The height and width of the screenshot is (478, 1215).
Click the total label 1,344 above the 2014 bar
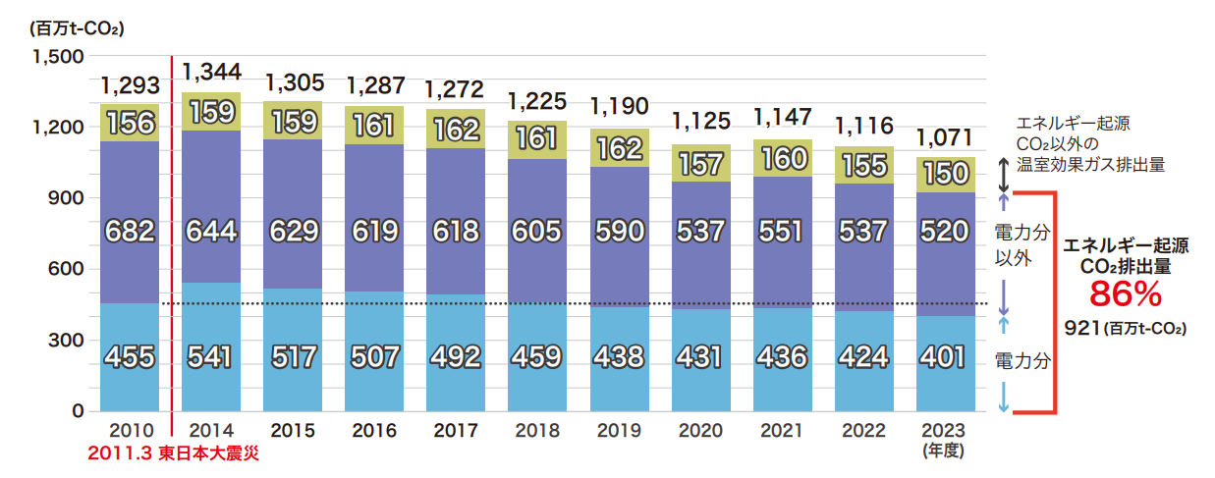click(x=211, y=72)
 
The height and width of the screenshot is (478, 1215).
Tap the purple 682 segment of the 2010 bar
click(x=130, y=232)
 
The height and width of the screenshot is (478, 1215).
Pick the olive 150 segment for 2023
click(x=946, y=174)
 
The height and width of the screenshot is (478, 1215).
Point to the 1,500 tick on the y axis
click(x=58, y=56)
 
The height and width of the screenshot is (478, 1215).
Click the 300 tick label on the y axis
click(x=65, y=340)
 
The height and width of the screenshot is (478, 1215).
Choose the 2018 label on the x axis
click(x=537, y=431)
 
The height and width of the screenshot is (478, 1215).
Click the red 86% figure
click(x=1126, y=294)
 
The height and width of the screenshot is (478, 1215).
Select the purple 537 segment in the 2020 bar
click(x=701, y=232)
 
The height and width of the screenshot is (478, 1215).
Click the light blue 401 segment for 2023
click(x=946, y=356)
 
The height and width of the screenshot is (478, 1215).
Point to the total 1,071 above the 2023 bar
click(x=946, y=136)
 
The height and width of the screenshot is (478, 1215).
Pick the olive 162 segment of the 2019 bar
click(x=619, y=148)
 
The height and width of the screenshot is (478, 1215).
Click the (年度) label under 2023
click(x=946, y=450)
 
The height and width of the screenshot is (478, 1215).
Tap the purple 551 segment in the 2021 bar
click(x=783, y=232)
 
